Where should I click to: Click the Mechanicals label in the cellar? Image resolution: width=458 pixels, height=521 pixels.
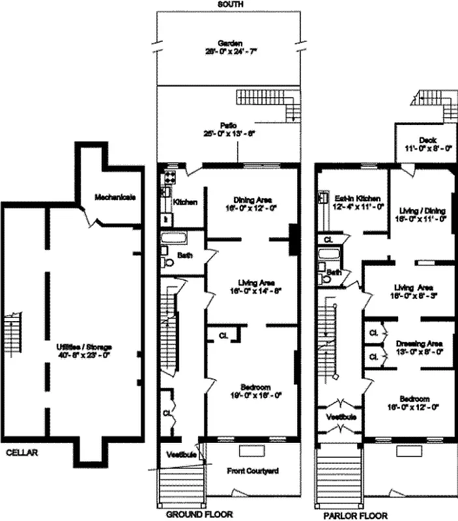tap(115, 197)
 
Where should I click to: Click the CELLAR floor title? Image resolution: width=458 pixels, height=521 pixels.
tap(21, 451)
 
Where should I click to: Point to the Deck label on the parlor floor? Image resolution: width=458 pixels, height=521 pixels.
tap(427, 140)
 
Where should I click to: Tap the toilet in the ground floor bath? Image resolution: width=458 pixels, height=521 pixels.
tap(169, 263)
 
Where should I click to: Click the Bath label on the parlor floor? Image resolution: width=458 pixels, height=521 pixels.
tap(334, 272)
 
